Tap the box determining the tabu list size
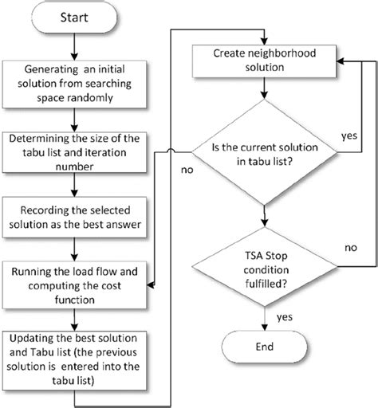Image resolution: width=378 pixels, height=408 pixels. click(x=73, y=153)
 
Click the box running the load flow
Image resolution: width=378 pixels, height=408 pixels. click(x=73, y=282)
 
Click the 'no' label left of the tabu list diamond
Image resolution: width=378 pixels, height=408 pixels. click(x=186, y=170)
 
